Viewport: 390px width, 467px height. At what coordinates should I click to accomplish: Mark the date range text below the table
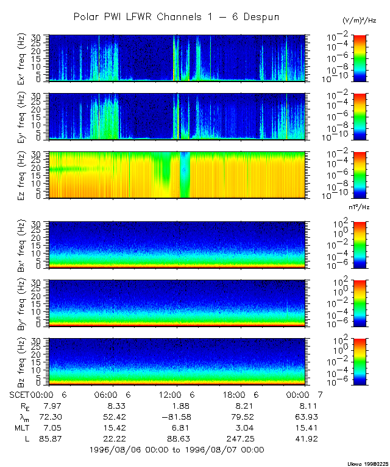pos(177,450)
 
